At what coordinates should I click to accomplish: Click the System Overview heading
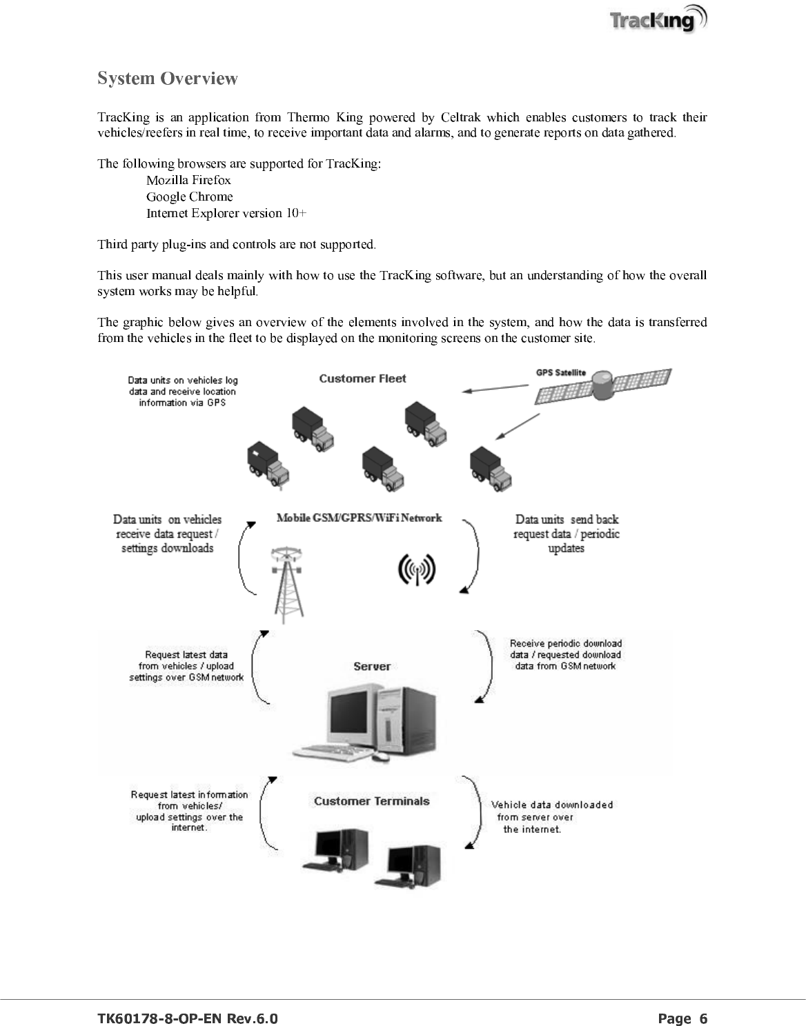click(168, 79)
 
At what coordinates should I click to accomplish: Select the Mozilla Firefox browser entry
click(188, 180)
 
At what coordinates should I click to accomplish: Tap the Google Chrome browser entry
click(190, 197)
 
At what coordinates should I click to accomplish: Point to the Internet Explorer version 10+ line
click(226, 213)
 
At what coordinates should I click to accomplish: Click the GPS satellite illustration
click(603, 387)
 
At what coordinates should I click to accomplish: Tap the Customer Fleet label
click(362, 379)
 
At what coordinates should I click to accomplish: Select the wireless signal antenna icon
click(417, 570)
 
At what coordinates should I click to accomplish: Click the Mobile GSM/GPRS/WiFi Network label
click(359, 518)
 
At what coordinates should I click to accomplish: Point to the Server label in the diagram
click(372, 666)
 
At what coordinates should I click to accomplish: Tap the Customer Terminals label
click(371, 801)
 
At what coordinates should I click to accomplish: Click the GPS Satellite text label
click(561, 373)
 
